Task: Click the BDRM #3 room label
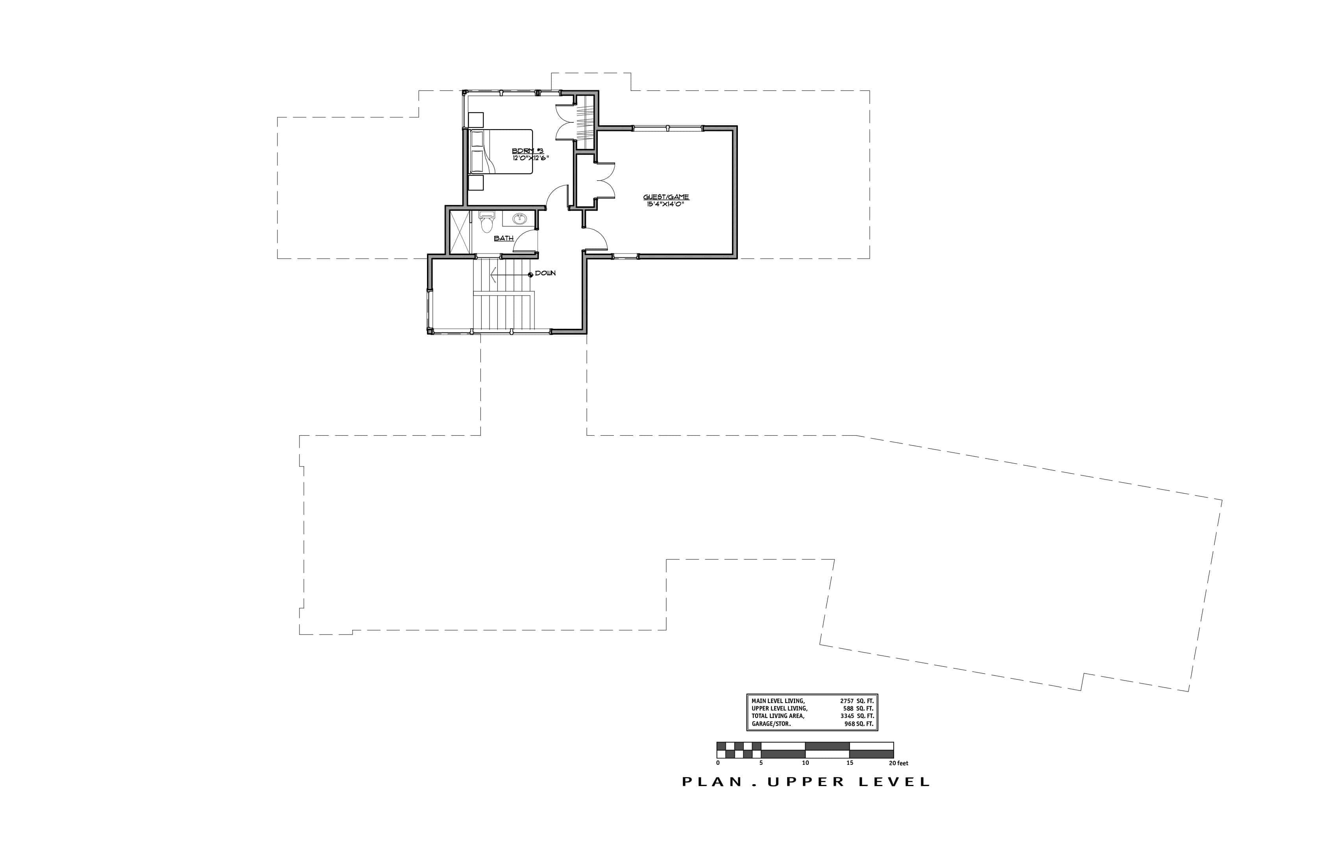pyautogui.click(x=527, y=151)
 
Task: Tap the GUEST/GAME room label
pyautogui.click(x=666, y=197)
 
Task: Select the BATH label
pyautogui.click(x=504, y=239)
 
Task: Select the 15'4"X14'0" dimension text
pyautogui.click(x=665, y=204)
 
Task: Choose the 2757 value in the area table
pyautogui.click(x=846, y=701)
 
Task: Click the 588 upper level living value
pyautogui.click(x=848, y=709)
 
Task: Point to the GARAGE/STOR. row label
pyautogui.click(x=771, y=724)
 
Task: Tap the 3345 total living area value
pyautogui.click(x=846, y=716)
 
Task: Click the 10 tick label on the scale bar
pyautogui.click(x=806, y=763)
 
